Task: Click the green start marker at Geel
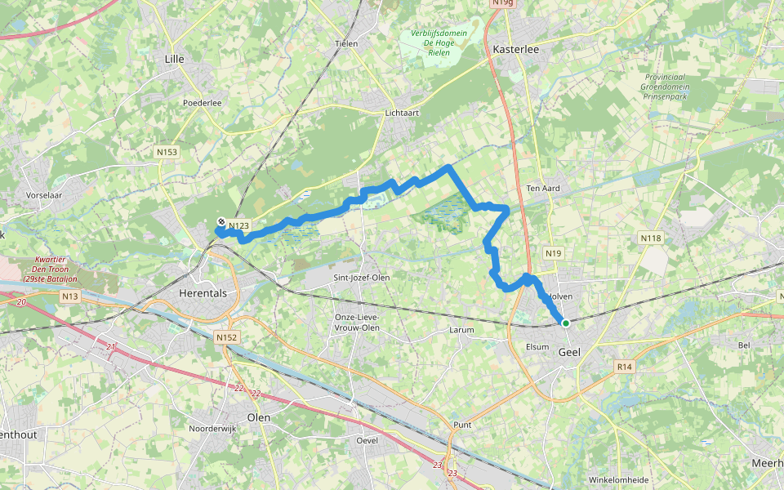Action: pyautogui.click(x=565, y=323)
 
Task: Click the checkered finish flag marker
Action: pyautogui.click(x=221, y=223)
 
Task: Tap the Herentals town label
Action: pyautogui.click(x=203, y=292)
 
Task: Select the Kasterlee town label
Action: pyautogui.click(x=516, y=49)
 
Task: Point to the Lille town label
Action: pyautogui.click(x=175, y=59)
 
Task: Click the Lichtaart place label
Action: pyautogui.click(x=401, y=114)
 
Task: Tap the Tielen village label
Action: pyautogui.click(x=347, y=43)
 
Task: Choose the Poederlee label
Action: pyautogui.click(x=203, y=103)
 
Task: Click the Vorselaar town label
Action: pyautogui.click(x=45, y=173)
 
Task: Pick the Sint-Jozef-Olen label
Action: pyautogui.click(x=362, y=278)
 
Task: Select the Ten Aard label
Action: pyautogui.click(x=543, y=188)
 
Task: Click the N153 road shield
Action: pyautogui.click(x=167, y=152)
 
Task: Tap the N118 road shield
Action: pyautogui.click(x=650, y=238)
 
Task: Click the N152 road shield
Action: pyautogui.click(x=226, y=336)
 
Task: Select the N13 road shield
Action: pyautogui.click(x=69, y=296)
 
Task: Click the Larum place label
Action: pyautogui.click(x=461, y=330)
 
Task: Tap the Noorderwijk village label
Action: pyautogui.click(x=212, y=428)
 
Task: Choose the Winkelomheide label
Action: pyautogui.click(x=618, y=479)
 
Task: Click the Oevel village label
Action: pyautogui.click(x=367, y=440)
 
